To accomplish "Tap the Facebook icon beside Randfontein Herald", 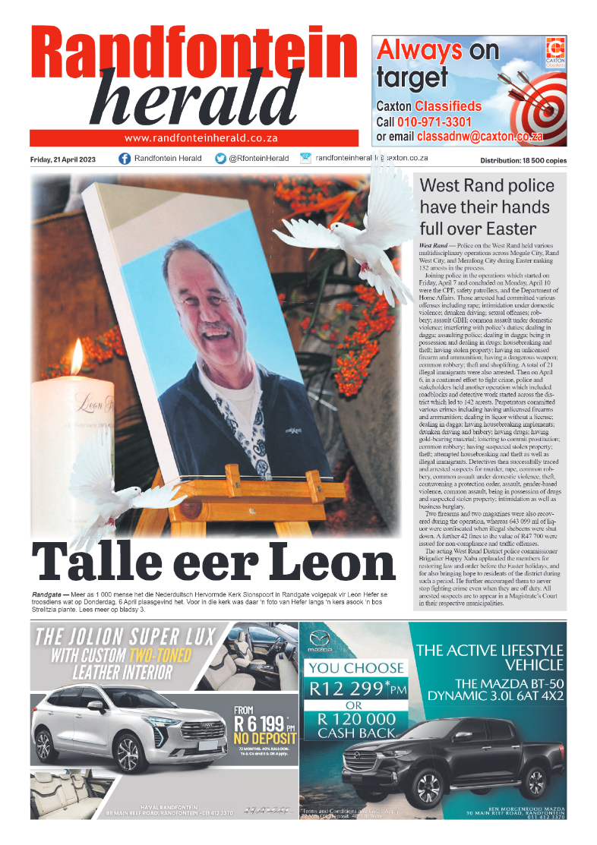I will click(125, 159).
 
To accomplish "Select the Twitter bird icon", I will click(221, 159).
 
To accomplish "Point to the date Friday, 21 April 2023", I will click(64, 159).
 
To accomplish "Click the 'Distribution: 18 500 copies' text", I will click(523, 161).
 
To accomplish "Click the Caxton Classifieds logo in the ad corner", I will click(555, 52).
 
